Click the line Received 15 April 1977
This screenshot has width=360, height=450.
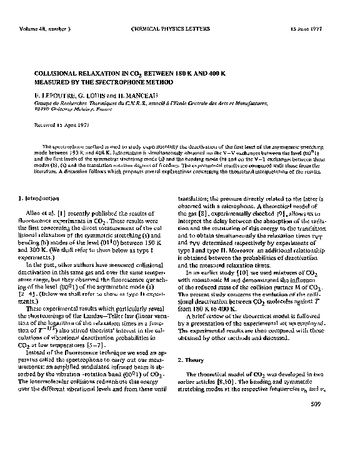pos(59,126)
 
